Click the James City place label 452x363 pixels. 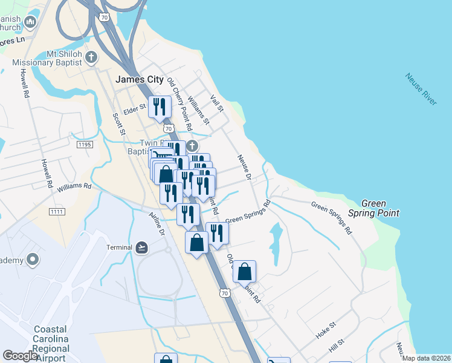pyautogui.click(x=139, y=79)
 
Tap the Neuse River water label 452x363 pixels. pyautogui.click(x=421, y=90)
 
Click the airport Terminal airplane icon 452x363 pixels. pyautogui.click(x=141, y=247)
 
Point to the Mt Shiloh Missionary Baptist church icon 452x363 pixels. pyautogui.click(x=91, y=58)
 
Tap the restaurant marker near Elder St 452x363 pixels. pyautogui.click(x=159, y=108)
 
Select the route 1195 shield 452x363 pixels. pyautogui.click(x=85, y=145)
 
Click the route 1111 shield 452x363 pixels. pyautogui.click(x=57, y=211)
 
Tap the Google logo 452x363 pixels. pyautogui.click(x=21, y=356)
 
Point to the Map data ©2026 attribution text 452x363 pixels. pyautogui.click(x=426, y=358)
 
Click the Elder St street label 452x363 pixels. pyautogui.click(x=135, y=109)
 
